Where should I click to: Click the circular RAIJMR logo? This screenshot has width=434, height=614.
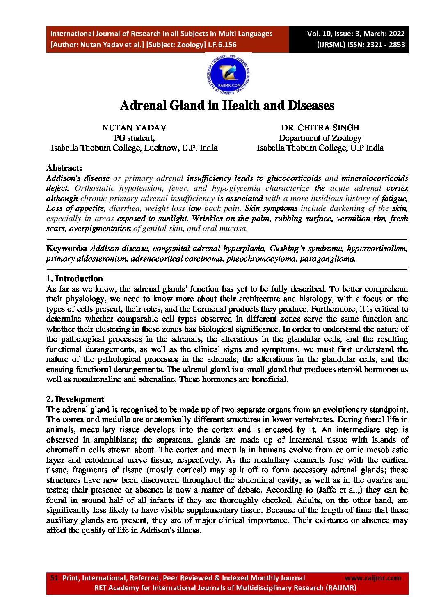pyautogui.click(x=228, y=75)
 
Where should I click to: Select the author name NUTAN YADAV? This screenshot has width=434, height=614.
pyautogui.click(x=134, y=128)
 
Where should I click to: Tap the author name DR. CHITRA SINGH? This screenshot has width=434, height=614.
pyautogui.click(x=320, y=128)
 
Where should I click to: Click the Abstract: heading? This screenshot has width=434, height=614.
pyautogui.click(x=64, y=168)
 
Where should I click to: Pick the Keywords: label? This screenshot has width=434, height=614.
pyautogui.click(x=67, y=249)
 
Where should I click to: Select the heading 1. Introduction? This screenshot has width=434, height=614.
pyautogui.click(x=74, y=279)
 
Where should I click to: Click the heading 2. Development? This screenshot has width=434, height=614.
pyautogui.click(x=75, y=399)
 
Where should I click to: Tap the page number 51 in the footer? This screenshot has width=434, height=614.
pyautogui.click(x=54, y=578)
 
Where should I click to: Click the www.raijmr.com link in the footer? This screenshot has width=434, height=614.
pyautogui.click(x=373, y=578)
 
